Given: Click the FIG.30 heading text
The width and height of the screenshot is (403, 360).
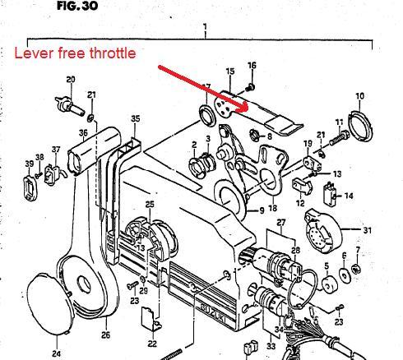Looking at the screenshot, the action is point(77,6).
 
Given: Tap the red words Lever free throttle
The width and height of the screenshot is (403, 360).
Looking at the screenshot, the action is point(75,53).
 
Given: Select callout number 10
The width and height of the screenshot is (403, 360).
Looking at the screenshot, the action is point(360,96).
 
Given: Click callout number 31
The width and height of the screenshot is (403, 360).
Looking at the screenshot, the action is point(368,230).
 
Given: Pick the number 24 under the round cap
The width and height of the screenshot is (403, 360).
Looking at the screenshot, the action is point(56,353).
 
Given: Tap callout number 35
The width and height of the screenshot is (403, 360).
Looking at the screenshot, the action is point(136,118).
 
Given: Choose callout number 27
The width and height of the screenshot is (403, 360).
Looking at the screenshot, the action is point(281,223).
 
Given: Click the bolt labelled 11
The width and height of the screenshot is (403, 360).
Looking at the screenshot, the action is point(339,138).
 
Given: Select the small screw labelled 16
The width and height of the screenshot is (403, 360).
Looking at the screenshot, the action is point(250,87).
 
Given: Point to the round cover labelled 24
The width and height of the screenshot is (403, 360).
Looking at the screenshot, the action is point(51,303).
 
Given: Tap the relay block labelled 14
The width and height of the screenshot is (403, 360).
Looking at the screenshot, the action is point(329,194).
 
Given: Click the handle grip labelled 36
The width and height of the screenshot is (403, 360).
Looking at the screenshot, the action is point(94,150).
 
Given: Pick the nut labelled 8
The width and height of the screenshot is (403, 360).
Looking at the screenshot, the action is point(255,135).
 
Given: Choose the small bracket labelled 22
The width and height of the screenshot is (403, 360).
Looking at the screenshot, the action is point(151,319).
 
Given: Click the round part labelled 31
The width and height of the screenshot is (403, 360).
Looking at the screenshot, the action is point(323,231).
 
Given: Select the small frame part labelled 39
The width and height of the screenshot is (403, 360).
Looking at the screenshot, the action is point(30,188).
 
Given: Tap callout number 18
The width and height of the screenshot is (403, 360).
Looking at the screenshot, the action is point(272,208).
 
